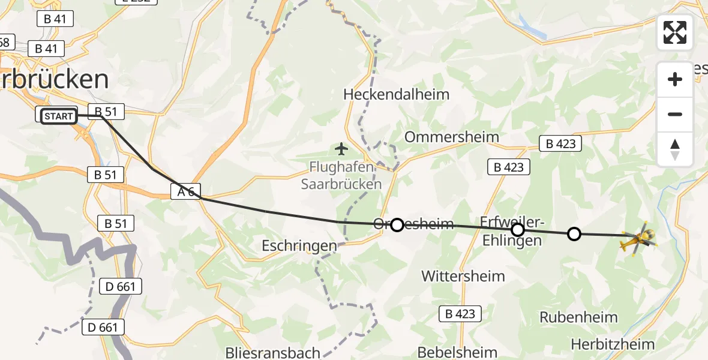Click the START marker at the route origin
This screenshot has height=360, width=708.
pyautogui.click(x=58, y=116)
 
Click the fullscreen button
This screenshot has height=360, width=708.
pyautogui.click(x=675, y=32)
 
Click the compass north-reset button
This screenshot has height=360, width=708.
pyautogui.click(x=675, y=149)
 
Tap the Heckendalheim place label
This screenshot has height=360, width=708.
pyautogui.click(x=396, y=94)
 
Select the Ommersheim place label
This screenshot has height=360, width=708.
pyautogui.click(x=451, y=137)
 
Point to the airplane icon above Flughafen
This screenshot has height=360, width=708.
pyautogui.click(x=341, y=148)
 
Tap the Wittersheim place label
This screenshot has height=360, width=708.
pyautogui.click(x=463, y=276)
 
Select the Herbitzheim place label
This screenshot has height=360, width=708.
pyautogui.click(x=613, y=344)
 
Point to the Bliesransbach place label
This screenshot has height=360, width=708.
pyautogui.click(x=272, y=352)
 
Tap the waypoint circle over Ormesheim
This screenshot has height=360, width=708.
pyautogui.click(x=397, y=225)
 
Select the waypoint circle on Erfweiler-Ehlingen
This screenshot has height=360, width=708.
pyautogui.click(x=517, y=230)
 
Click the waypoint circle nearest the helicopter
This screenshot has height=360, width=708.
pyautogui.click(x=574, y=233)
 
